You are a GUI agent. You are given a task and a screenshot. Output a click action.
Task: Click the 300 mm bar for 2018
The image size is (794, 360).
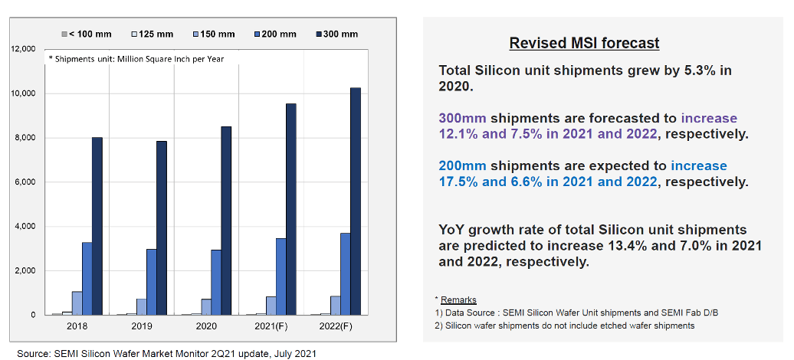(x=97, y=226)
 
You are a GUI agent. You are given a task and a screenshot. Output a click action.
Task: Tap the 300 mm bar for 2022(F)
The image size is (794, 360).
(x=355, y=201)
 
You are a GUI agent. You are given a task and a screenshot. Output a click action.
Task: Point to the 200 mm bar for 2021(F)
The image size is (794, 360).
(x=281, y=277)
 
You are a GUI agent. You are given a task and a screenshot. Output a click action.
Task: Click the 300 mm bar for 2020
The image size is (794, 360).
(x=226, y=221)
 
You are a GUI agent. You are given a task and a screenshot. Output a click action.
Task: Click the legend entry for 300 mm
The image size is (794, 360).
(x=337, y=34)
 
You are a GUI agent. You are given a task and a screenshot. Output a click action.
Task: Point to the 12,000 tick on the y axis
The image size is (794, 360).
(x=25, y=49)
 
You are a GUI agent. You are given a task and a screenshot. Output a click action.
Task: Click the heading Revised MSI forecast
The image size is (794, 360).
(x=584, y=44)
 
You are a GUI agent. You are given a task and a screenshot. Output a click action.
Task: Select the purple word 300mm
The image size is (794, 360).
(x=462, y=119)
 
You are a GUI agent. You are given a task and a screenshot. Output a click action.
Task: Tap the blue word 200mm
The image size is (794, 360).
(x=462, y=166)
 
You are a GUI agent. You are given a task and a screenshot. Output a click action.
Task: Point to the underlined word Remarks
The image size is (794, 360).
(x=458, y=299)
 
